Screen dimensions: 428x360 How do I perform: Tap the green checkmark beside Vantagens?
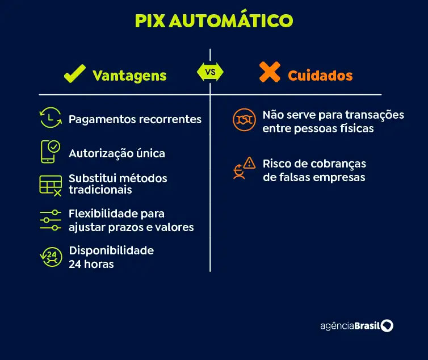(75, 73)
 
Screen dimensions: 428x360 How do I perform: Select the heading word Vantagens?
(129, 76)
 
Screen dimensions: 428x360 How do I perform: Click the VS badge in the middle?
(210, 72)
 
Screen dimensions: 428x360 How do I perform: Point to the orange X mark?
(270, 72)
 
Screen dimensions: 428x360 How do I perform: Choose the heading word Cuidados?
(320, 76)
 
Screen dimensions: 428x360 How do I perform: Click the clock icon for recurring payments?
(51, 118)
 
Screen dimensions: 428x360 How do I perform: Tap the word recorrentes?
(170, 119)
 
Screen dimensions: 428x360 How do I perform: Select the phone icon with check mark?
(51, 152)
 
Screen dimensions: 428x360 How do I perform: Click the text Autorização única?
(117, 153)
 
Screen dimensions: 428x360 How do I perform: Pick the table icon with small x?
(51, 186)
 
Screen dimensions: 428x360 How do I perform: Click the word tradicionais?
(100, 190)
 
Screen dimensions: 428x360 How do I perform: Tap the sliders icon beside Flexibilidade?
(51, 220)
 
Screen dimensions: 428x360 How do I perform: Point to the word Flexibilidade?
(103, 214)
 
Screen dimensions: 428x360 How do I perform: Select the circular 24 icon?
(51, 257)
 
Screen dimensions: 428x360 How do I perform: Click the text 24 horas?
(91, 264)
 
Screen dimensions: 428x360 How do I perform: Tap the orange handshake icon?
(244, 120)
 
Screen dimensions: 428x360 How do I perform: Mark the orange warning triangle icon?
(249, 163)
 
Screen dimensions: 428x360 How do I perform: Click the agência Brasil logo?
(356, 325)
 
